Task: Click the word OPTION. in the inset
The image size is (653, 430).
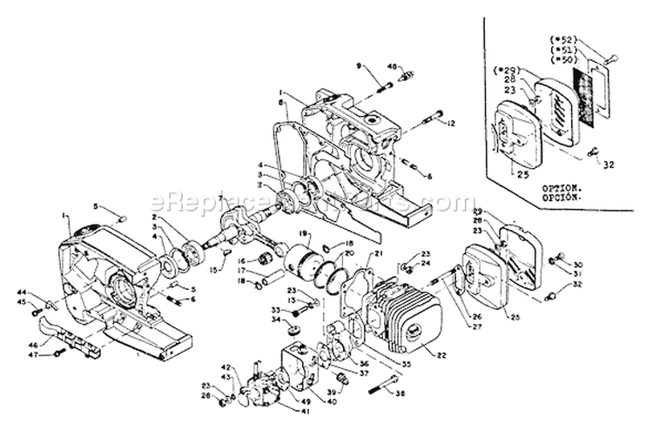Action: [562, 187]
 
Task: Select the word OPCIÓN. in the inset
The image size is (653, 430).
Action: [562, 198]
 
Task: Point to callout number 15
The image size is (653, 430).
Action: [213, 271]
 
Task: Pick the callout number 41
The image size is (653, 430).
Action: [281, 411]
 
